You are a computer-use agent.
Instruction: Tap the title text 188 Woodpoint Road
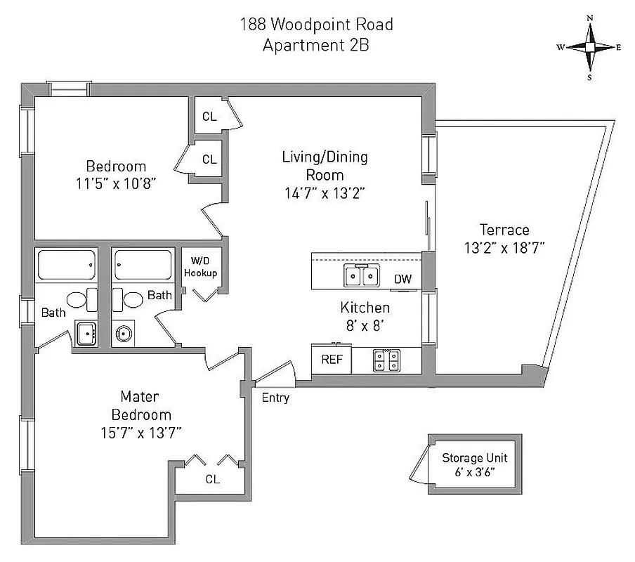point(316,25)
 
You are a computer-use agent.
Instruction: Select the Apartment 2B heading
point(316,46)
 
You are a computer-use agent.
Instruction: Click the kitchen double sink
point(362,276)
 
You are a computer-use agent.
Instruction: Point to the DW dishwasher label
point(402,280)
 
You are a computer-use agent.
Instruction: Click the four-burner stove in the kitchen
point(386,360)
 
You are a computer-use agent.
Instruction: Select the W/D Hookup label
point(201,268)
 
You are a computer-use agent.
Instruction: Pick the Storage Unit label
point(474,458)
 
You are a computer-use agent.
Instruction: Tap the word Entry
point(275,398)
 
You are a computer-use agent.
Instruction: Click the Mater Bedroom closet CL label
point(211,480)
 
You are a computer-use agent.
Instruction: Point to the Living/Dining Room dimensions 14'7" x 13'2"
point(325,194)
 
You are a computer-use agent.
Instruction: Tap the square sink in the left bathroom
point(86,334)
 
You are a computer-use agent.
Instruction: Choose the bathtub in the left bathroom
point(66,266)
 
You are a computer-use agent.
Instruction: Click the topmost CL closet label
point(209,117)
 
